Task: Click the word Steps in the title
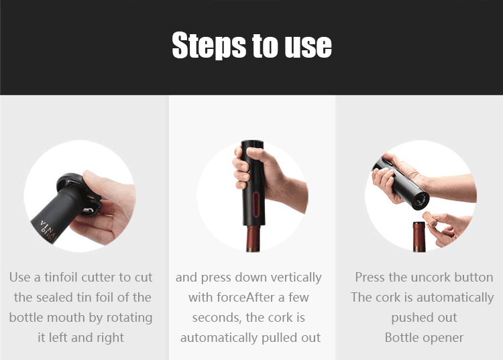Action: pyautogui.click(x=209, y=45)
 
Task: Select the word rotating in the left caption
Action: pyautogui.click(x=129, y=318)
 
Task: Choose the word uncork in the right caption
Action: pyautogui.click(x=429, y=278)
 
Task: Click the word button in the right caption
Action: pyautogui.click(x=473, y=278)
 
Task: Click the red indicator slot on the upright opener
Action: pyautogui.click(x=256, y=204)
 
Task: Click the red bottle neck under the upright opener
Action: pyautogui.click(x=253, y=239)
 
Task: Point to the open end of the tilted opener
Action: pyautogui.click(x=421, y=200)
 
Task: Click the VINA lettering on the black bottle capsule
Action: pyautogui.click(x=47, y=228)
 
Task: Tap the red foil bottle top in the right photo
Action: pyautogui.click(x=419, y=236)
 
